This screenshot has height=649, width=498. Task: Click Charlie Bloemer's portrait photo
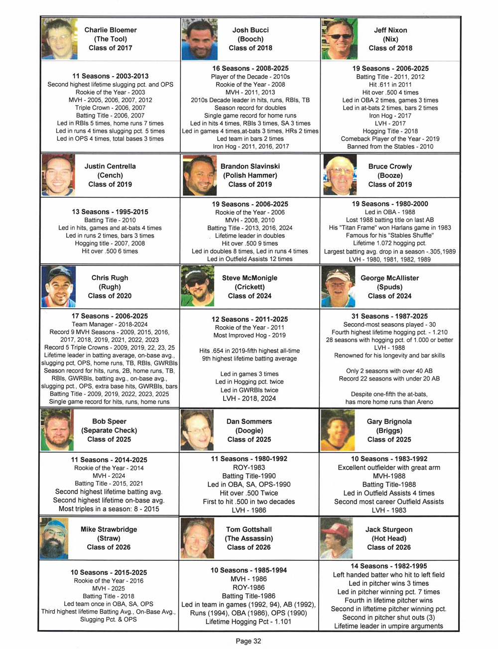[x=59, y=39]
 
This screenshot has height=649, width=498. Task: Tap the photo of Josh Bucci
[x=199, y=39]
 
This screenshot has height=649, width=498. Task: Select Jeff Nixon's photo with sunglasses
[x=339, y=39]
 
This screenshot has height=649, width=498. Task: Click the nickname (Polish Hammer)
[x=250, y=175]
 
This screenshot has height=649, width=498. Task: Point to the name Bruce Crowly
[x=390, y=166]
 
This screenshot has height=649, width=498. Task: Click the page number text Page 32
[x=248, y=641]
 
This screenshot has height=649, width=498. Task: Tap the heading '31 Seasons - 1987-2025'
[x=389, y=316]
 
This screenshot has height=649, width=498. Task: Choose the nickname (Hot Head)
[x=389, y=538]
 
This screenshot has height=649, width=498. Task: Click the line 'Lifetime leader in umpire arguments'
[x=388, y=626]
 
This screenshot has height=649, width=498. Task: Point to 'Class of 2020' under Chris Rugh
[x=110, y=296]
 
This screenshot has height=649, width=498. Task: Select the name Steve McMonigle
[x=249, y=278]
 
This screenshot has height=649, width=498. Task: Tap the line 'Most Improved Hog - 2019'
[x=249, y=335]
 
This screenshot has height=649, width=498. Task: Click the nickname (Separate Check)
[x=109, y=430]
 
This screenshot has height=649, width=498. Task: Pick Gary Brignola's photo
[x=337, y=430]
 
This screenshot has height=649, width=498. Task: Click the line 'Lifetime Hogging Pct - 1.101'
[x=249, y=622]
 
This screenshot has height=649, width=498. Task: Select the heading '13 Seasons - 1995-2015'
[x=110, y=212]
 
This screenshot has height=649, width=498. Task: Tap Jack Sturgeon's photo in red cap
[x=336, y=538]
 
